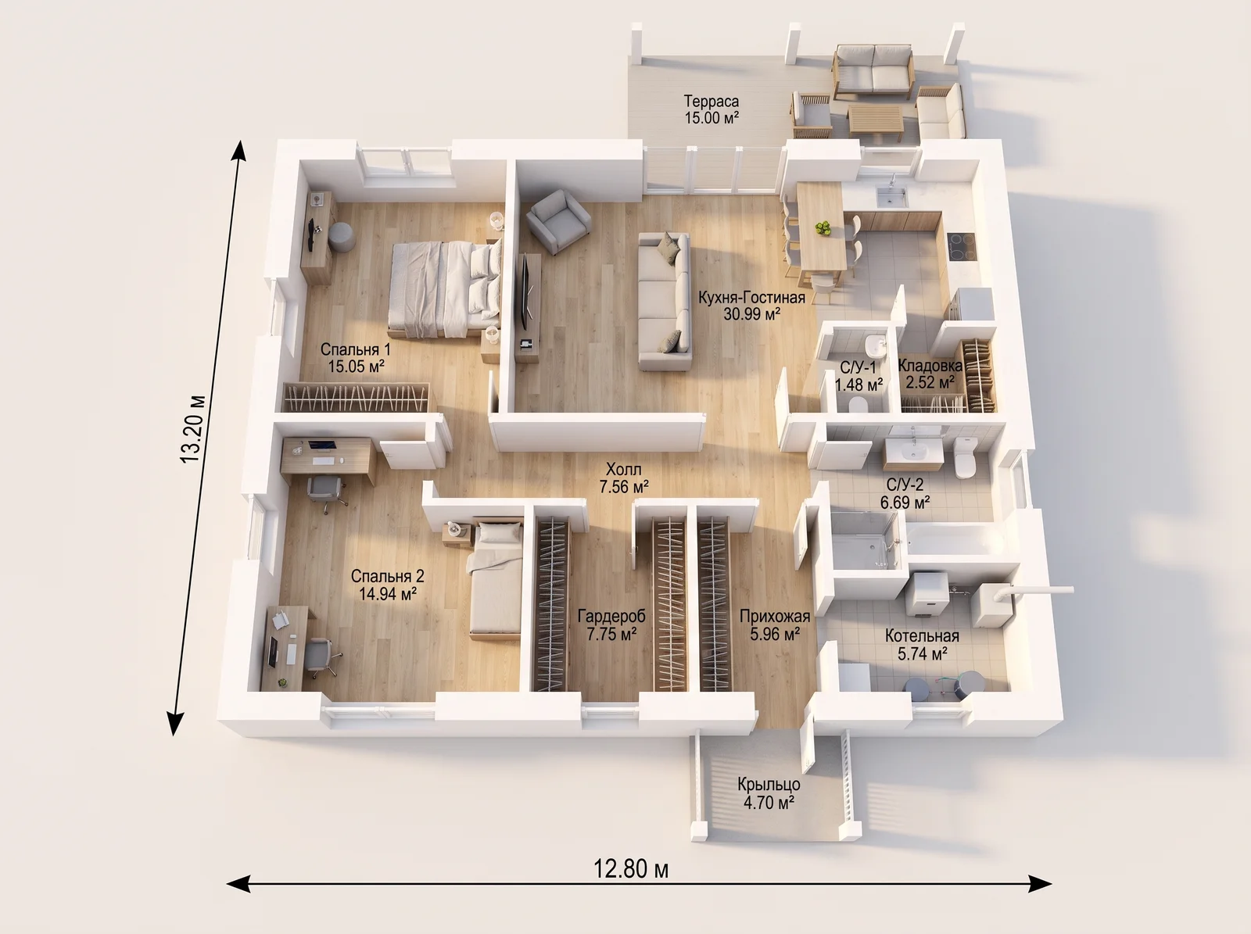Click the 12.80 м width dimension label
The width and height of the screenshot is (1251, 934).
coord(631,869)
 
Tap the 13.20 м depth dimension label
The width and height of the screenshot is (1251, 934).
coord(192,428)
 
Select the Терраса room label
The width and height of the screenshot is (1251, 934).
coord(712,102)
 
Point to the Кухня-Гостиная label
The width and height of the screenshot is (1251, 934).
coord(751,297)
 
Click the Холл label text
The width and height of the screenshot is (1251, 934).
coord(623,469)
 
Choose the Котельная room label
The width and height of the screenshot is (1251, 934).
coord(922,635)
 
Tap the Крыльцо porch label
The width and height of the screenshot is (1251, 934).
coord(769,784)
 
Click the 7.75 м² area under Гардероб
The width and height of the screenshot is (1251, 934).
coord(611,634)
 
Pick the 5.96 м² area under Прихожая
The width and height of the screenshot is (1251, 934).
coord(775,633)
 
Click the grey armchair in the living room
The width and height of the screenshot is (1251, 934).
coord(558,221)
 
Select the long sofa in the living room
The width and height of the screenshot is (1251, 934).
coord(665,301)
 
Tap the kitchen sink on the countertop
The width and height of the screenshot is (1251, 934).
coord(891,197)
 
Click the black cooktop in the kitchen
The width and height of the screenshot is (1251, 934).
coord(962,247)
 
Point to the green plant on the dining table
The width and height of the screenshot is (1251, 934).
coord(823,228)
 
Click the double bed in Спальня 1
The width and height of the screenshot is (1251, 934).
coord(445,288)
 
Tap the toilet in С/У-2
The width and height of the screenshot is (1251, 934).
coord(964,457)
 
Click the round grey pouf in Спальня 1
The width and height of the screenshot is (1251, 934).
coord(342,236)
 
